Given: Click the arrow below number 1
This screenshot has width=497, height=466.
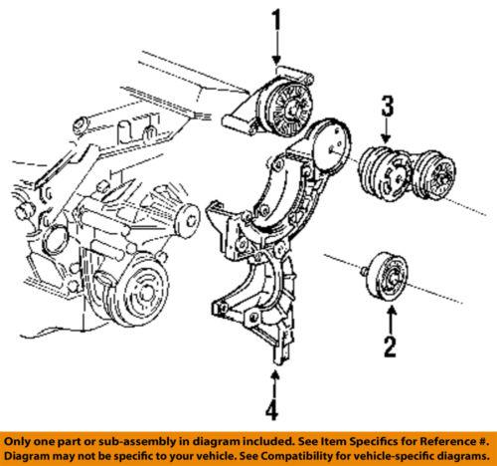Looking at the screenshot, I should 280,50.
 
